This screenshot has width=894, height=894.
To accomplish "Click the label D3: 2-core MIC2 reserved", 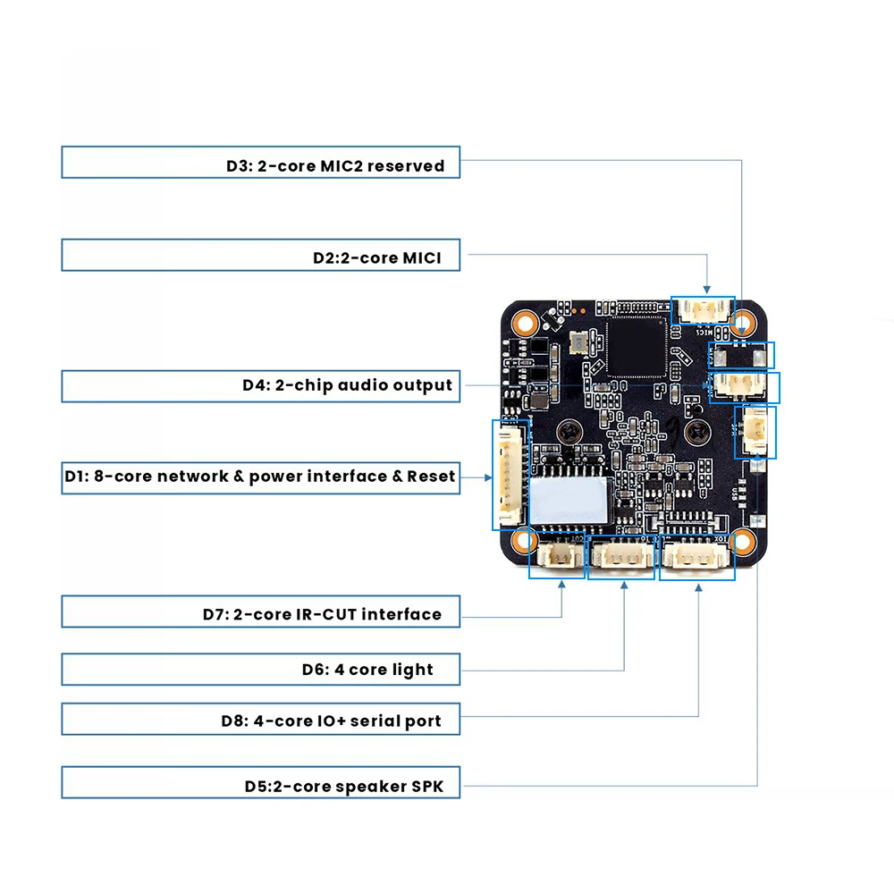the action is click(x=335, y=166).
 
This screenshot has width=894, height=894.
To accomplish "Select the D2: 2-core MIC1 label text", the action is click(x=377, y=257).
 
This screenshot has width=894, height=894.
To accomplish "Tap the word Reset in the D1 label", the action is click(x=431, y=477).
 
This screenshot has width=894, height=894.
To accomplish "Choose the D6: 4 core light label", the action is click(x=367, y=670).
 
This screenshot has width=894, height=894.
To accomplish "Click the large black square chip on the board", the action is click(x=637, y=347).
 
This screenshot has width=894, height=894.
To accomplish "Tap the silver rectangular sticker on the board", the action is click(x=568, y=500).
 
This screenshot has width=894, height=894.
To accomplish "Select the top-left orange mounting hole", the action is click(x=525, y=324).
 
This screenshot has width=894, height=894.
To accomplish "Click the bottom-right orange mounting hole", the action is click(x=743, y=543).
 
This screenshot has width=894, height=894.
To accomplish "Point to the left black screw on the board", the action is click(x=569, y=432).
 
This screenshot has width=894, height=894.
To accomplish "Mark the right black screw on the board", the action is click(x=696, y=432).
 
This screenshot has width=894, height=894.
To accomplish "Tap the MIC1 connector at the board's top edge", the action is click(x=703, y=311).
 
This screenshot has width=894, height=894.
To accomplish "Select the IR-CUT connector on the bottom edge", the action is click(x=557, y=555).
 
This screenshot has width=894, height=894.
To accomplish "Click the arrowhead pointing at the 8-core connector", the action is click(x=488, y=477).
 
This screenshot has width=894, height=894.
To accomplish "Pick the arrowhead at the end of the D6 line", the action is click(x=624, y=585).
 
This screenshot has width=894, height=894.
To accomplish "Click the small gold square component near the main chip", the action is click(x=578, y=342).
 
